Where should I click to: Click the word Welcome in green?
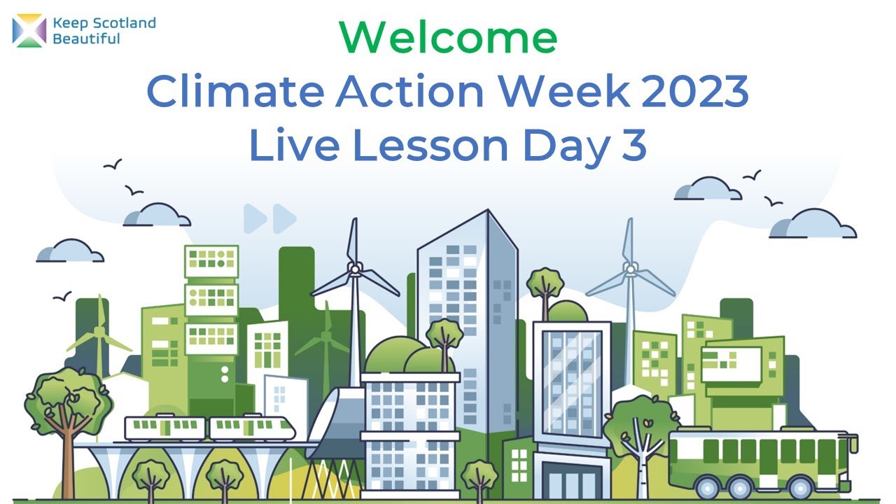(448, 38)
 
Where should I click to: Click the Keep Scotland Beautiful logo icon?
(29, 31)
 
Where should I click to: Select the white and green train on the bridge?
(210, 428)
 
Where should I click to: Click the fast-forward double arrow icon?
(270, 218)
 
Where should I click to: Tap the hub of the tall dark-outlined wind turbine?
(355, 269)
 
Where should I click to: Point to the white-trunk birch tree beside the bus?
(640, 437)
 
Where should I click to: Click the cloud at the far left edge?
(69, 251)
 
